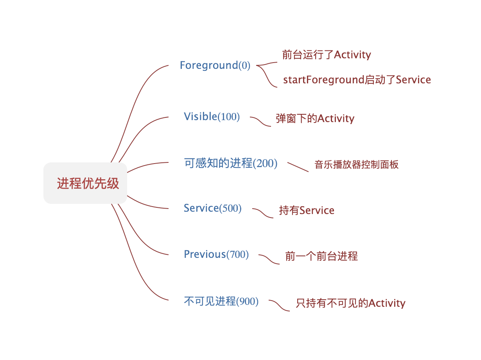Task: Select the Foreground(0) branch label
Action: pos(215,65)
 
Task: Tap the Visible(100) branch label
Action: pos(212,117)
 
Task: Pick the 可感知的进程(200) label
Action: pos(230,163)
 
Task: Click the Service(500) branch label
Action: pos(212,208)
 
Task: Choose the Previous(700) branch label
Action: pos(216,254)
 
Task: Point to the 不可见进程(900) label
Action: pos(221,302)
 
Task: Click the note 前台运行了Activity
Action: pos(326,55)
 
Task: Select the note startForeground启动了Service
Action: pos(357,80)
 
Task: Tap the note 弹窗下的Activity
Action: pos(315,119)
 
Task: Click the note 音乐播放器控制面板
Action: pos(356,165)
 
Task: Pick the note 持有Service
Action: pos(306,211)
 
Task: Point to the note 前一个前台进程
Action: pos(321,257)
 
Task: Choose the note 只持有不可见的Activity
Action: pos(350,303)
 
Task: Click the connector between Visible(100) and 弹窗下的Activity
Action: pos(260,121)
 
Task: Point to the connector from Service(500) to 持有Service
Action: pos(263,213)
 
